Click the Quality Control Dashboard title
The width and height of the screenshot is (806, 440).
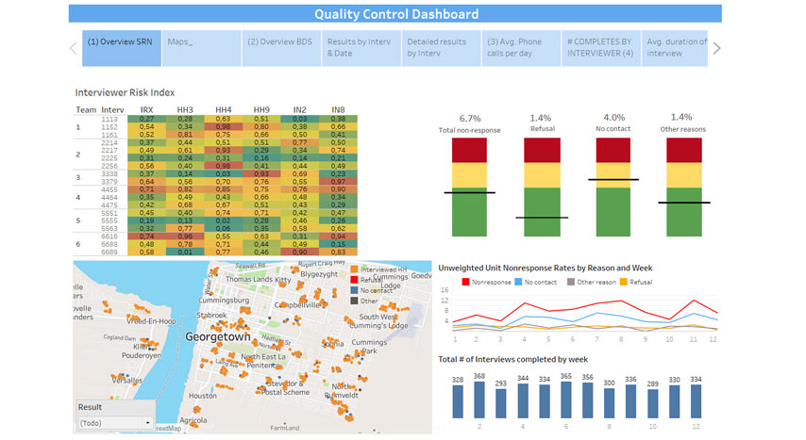coord(395,14)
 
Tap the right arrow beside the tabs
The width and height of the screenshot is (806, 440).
coord(717,48)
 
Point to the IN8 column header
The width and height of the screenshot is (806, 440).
coord(338,110)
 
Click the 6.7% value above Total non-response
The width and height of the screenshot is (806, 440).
coord(470,118)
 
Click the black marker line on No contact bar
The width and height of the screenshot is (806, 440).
coord(613,179)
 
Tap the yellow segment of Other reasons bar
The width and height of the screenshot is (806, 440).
coord(684,174)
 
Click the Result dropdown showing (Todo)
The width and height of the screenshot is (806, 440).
coord(115,423)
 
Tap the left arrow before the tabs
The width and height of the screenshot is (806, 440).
coord(74,48)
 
